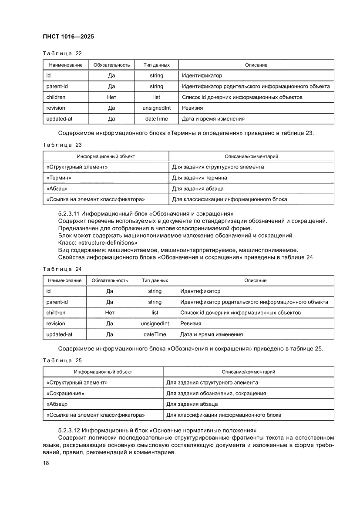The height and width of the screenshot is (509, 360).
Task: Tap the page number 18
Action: pos(45,463)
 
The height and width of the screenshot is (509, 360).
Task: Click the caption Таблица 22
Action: pos(62,54)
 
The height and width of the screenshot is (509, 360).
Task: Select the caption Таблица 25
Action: pos(62,361)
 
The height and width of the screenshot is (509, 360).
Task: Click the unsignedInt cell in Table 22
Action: pos(156,108)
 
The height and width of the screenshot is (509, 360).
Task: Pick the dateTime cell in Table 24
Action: pos(155,334)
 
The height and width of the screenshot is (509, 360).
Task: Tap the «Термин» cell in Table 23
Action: pos(59,178)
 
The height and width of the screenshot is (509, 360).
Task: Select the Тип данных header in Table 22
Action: pos(156,65)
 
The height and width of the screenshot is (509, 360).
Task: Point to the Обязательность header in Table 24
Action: pos(110,280)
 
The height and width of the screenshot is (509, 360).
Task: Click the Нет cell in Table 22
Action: pos(111,97)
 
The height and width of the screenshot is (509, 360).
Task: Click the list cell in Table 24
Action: pos(155,313)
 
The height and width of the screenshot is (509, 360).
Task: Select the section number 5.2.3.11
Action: pos(69,214)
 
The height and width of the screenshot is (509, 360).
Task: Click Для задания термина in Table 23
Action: pos(199,178)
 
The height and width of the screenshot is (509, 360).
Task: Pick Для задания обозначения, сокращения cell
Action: pos(216,394)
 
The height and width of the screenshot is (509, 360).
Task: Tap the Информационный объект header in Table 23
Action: pos(106,156)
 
